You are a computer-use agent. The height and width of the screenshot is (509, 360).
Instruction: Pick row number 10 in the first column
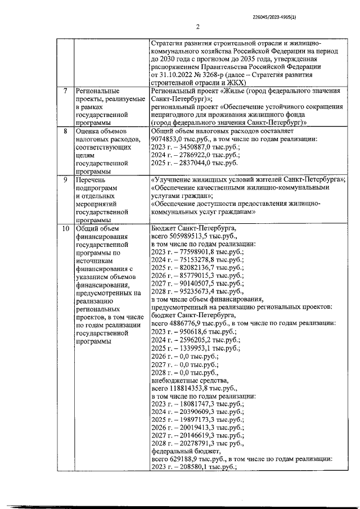pyautogui.click(x=66, y=229)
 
